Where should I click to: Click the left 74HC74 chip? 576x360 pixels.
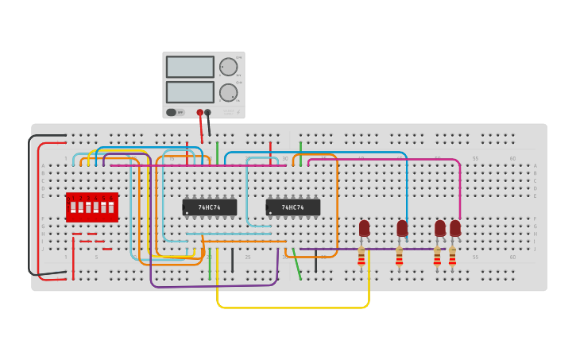(210, 207)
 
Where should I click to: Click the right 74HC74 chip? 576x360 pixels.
(293, 207)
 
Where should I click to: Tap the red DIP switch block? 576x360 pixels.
(92, 207)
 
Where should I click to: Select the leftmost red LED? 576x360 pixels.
(364, 228)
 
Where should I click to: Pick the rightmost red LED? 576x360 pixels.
(455, 228)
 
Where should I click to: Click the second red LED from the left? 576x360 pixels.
(402, 228)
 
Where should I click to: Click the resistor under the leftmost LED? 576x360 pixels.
(361, 257)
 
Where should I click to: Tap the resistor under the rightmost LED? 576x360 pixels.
(452, 257)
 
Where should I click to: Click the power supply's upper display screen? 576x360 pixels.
(190, 67)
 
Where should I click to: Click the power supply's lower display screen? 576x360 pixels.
(190, 92)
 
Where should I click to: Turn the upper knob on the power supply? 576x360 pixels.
(228, 67)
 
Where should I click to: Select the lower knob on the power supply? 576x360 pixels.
(228, 93)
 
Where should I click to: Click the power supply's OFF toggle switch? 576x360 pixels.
(172, 112)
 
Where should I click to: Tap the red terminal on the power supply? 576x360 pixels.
(200, 113)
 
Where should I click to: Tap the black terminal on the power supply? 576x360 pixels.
(208, 113)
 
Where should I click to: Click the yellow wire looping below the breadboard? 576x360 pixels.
(294, 307)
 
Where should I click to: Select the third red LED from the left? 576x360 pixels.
(440, 228)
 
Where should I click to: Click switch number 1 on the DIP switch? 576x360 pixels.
(73, 207)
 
